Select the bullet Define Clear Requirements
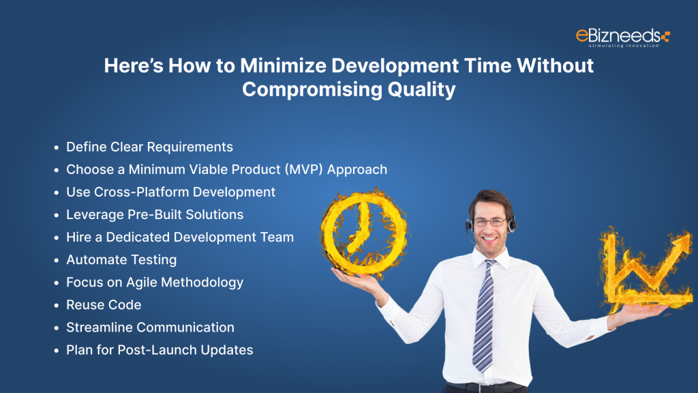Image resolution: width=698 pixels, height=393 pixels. coord(149,147)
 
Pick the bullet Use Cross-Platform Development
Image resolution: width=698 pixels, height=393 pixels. coord(170,192)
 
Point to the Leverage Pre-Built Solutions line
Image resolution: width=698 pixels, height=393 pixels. coord(155,214)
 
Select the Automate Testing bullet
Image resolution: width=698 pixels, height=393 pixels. coord(121,259)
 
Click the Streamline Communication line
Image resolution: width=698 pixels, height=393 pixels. coord(150,327)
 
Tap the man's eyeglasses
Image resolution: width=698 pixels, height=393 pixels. coord(490,222)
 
